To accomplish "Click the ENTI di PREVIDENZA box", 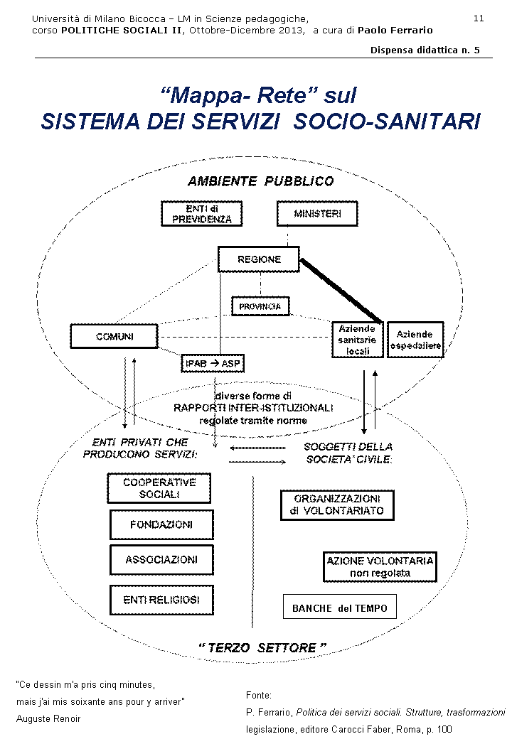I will coord(202,214).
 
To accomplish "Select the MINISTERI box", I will coord(316,214).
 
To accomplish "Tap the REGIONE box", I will coord(259,259).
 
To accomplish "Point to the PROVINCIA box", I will coord(260,306).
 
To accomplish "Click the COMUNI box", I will coord(114,336).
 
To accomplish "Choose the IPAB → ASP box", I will coord(213,364).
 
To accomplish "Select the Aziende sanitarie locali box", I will coord(358,340).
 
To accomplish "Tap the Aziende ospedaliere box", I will coord(415,340).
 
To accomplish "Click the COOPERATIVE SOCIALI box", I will coord(159,488).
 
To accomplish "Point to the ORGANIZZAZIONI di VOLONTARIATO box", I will coord(337,505).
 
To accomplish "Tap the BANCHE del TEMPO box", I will coord(340,608).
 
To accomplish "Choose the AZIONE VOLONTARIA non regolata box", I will coord(380,567).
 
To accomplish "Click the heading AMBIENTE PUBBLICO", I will coord(260,181).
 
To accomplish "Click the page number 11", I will coord(479,18).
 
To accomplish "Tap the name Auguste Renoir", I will coord(48,718).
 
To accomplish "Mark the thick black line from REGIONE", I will coord(341,290).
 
